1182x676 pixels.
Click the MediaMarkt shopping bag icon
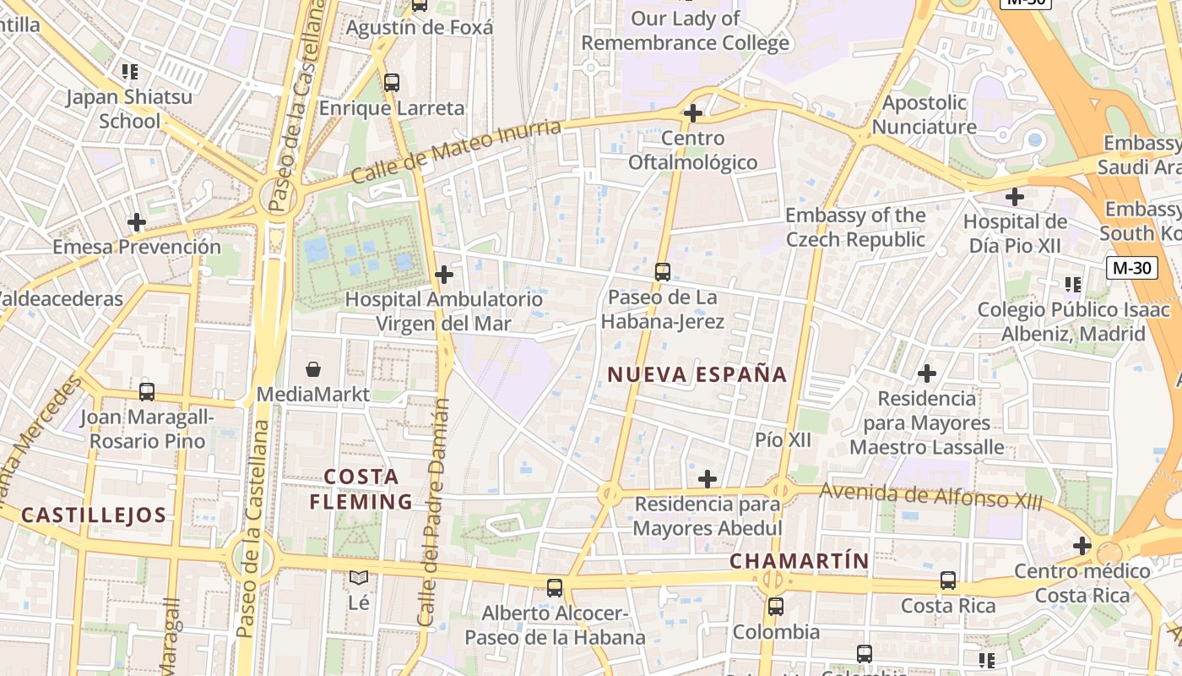(x=313, y=369)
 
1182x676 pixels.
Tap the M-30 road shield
(x=1131, y=268)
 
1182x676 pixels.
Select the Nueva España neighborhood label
(x=697, y=374)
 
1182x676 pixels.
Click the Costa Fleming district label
(x=361, y=489)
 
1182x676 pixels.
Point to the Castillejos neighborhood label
(x=94, y=515)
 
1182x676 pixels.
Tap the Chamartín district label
(x=799, y=561)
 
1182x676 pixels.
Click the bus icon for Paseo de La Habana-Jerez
(x=663, y=272)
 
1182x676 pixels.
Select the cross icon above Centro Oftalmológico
(x=693, y=113)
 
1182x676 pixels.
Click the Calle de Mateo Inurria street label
(x=456, y=152)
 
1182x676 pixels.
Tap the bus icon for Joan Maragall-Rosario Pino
(x=147, y=392)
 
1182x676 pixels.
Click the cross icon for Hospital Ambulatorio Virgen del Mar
(x=444, y=275)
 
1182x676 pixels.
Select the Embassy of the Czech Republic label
(x=855, y=227)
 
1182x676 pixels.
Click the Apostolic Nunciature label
(x=924, y=115)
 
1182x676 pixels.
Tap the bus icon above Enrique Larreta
(x=392, y=83)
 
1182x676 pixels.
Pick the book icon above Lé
(x=359, y=578)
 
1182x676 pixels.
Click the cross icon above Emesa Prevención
(x=137, y=223)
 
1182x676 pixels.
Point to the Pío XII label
(x=783, y=439)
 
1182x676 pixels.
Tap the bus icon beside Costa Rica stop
(x=948, y=581)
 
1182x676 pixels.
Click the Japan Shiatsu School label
(x=129, y=109)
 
